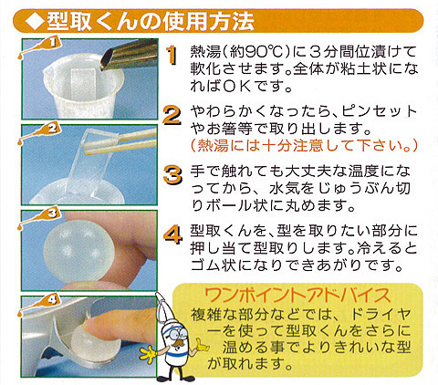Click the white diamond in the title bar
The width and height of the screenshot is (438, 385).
pos(35,22)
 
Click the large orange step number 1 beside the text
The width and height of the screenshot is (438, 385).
pos(172,56)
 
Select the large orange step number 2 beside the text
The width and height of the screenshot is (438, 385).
pos(172,115)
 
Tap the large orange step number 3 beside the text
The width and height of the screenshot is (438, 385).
pos(172,174)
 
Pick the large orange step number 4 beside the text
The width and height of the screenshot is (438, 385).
pos(172,234)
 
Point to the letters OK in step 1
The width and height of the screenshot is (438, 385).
pos(237,87)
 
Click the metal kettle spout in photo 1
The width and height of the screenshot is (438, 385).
pos(128,57)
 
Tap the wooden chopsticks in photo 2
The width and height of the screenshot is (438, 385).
pos(120,141)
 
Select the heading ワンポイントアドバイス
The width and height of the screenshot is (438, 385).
pos(297,295)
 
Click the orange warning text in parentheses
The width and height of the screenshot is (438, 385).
pos(304,145)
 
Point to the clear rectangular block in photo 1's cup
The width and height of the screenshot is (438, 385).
pos(83,86)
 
